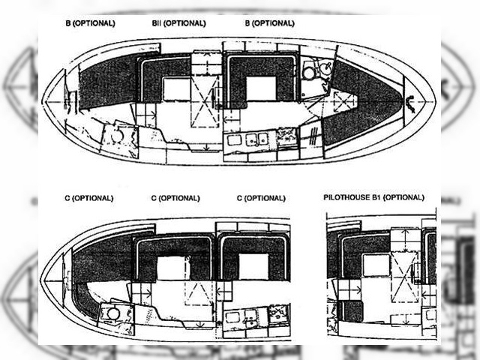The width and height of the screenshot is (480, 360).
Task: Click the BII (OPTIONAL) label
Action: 178,23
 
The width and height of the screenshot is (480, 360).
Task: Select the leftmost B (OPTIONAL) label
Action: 90,23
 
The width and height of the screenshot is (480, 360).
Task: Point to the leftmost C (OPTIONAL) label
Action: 89,198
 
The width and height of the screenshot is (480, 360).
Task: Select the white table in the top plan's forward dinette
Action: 261,88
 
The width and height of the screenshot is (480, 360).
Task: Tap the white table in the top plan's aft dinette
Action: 177,89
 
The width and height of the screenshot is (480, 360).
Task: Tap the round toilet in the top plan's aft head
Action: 117,135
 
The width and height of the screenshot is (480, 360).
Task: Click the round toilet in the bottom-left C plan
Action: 113,313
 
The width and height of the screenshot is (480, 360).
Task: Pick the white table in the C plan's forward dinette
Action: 253,266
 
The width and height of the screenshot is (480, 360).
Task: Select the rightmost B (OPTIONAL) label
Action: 270,23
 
